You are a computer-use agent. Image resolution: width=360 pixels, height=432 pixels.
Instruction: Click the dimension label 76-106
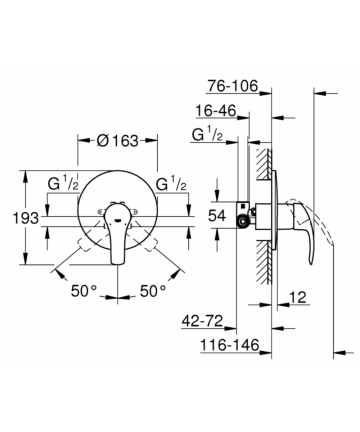233,86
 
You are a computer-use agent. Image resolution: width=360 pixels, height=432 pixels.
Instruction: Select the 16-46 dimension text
216,110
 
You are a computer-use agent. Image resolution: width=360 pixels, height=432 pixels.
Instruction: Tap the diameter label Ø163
117,141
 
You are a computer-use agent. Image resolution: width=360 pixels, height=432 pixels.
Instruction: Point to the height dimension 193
26,218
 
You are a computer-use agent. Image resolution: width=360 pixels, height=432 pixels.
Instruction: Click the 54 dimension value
217,216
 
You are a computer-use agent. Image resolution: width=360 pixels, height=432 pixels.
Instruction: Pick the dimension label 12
298,297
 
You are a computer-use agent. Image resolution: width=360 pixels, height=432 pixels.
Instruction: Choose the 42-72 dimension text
202,321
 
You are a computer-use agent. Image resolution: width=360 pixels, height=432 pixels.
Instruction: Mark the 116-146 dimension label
230,345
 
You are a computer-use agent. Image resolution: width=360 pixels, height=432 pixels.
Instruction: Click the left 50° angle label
84,291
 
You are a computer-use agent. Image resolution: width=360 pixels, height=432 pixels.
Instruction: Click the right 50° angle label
153,291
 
